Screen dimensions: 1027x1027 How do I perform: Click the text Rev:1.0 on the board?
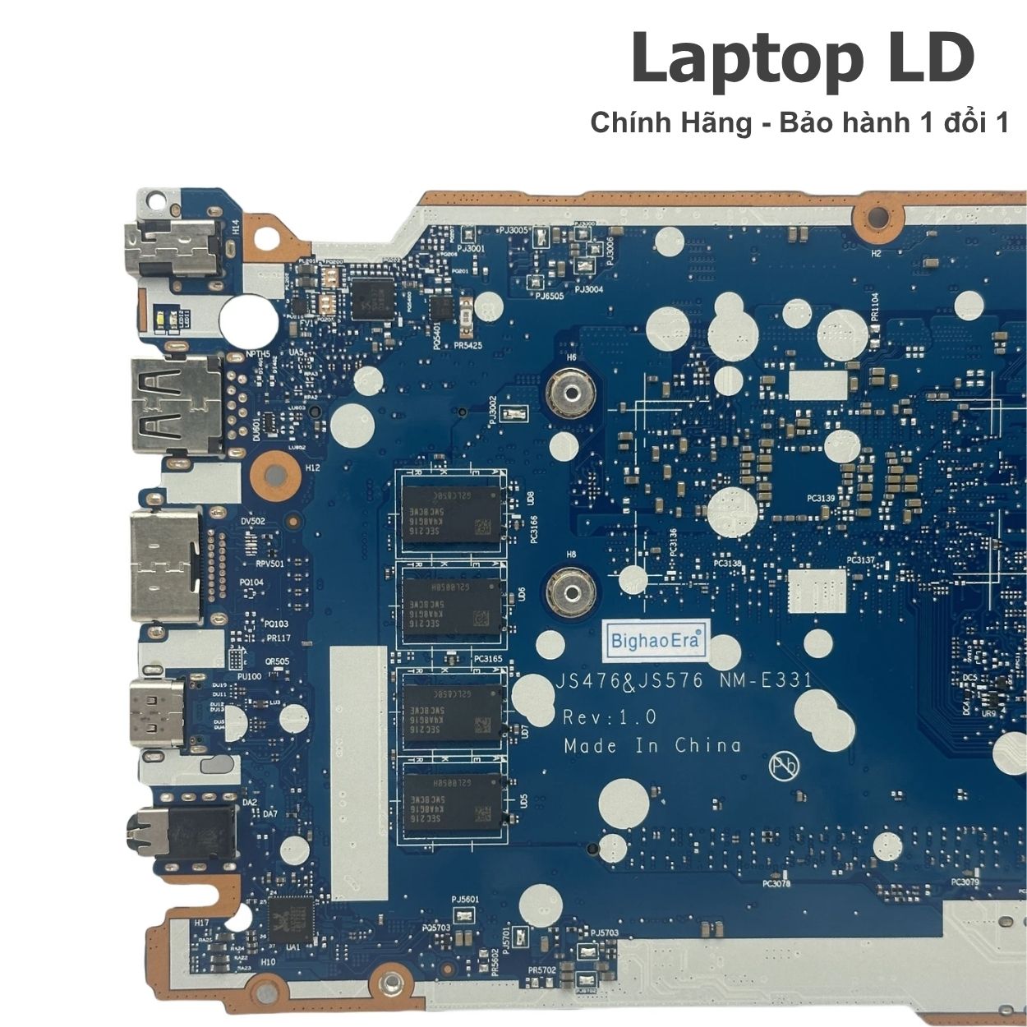pyautogui.click(x=609, y=716)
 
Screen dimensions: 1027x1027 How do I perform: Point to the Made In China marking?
pyautogui.click(x=652, y=746)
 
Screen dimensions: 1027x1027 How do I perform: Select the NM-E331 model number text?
pyautogui.click(x=766, y=680)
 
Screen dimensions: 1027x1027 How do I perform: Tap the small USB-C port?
pyautogui.click(x=155, y=712)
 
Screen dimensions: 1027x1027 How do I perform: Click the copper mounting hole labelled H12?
pyautogui.click(x=273, y=472)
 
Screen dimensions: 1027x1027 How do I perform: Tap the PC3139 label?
pyautogui.click(x=820, y=499)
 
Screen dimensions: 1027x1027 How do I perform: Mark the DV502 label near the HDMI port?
pyautogui.click(x=253, y=521)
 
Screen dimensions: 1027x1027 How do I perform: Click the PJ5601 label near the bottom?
pyautogui.click(x=465, y=900)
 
